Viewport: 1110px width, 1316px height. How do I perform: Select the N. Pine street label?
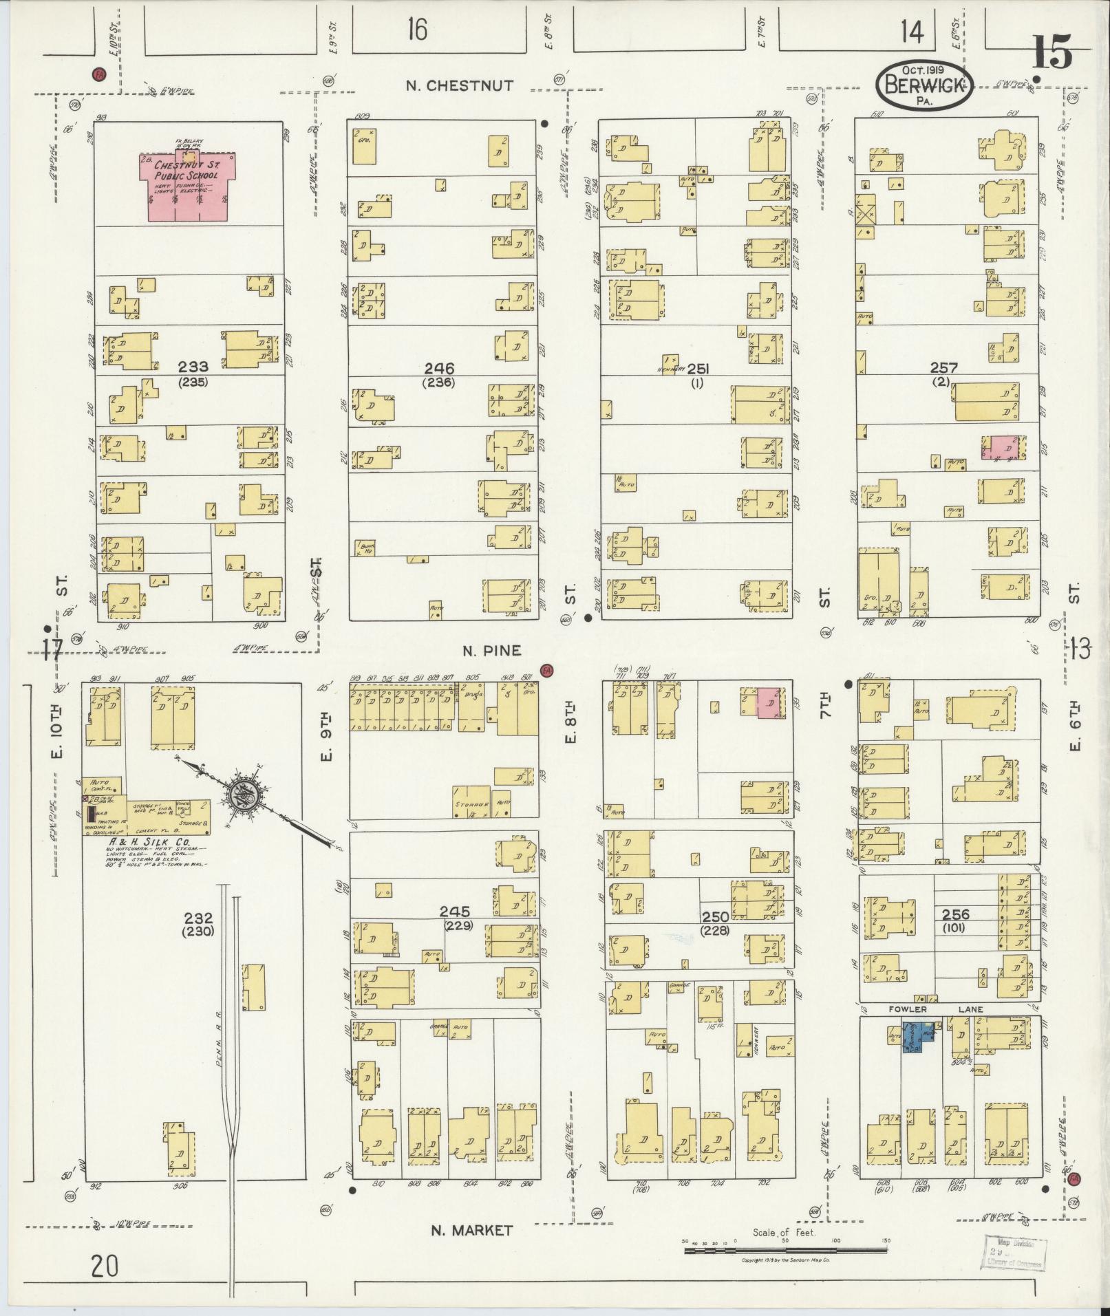point(491,650)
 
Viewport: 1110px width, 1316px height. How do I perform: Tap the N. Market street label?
point(471,1230)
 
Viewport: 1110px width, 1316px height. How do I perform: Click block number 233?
point(193,368)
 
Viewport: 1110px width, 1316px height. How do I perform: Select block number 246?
point(440,369)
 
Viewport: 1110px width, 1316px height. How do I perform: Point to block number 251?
point(697,369)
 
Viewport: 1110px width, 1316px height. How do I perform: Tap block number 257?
point(944,369)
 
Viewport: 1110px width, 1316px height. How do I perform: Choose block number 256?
point(956,914)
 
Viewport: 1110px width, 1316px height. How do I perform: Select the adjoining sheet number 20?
point(104,1265)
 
